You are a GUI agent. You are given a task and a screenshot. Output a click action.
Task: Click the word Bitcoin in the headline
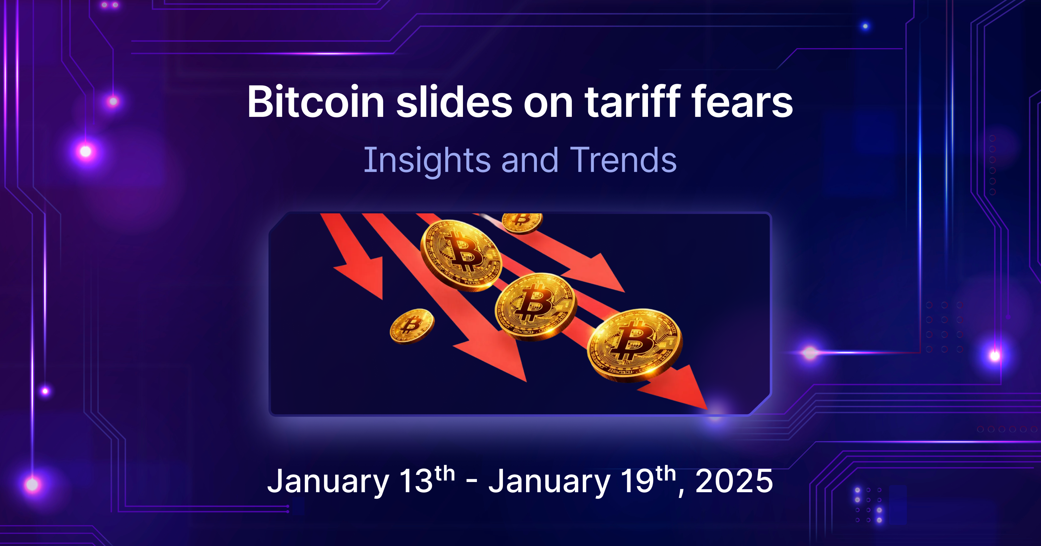point(316,102)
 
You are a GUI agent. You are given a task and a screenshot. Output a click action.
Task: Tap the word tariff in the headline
point(633,102)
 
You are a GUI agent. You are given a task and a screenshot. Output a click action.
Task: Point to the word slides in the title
point(454,102)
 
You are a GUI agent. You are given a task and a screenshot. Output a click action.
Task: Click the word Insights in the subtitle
point(427,161)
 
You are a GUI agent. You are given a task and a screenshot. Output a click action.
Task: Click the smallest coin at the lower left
point(412,326)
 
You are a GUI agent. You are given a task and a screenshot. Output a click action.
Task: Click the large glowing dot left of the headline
point(86,151)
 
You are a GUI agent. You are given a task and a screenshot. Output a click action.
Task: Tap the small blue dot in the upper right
point(865,26)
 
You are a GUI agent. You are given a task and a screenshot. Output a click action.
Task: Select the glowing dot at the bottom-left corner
point(32,484)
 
